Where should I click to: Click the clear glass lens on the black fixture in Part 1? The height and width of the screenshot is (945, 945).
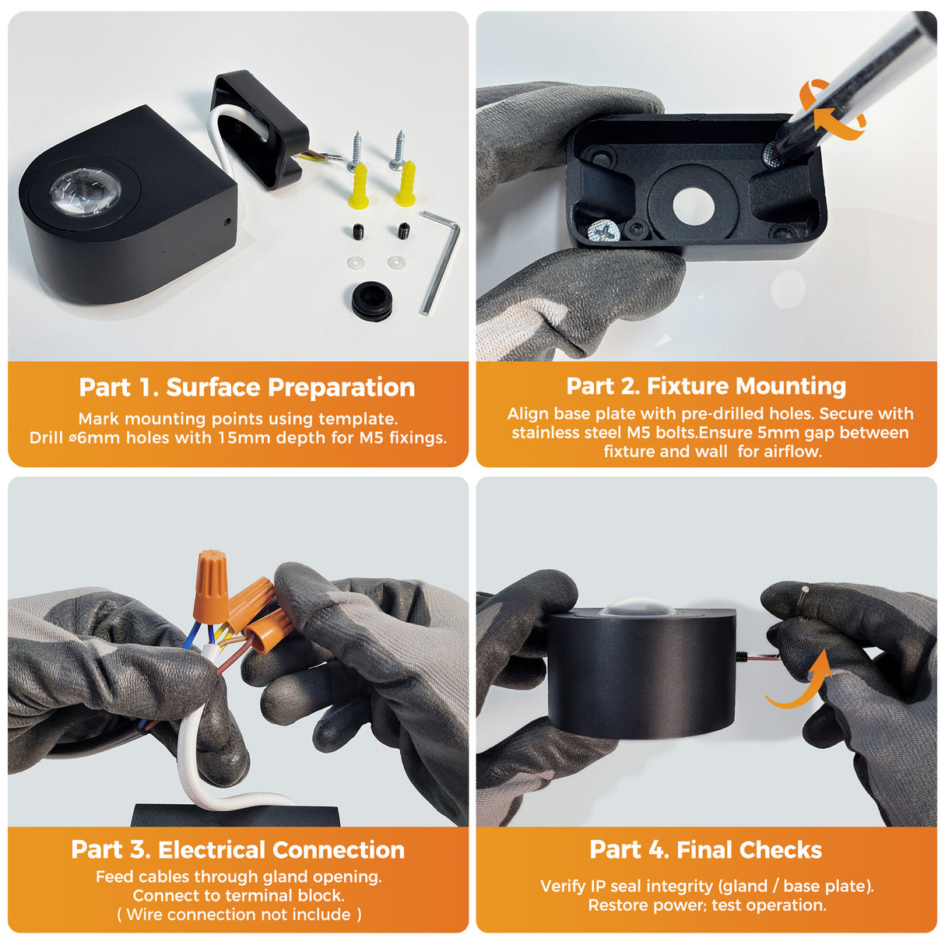(x=86, y=191)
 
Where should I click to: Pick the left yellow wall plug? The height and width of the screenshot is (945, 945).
(x=359, y=186)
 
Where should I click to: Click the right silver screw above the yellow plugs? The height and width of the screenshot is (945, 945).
(x=399, y=149)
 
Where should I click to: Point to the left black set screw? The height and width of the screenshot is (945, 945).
(x=360, y=230)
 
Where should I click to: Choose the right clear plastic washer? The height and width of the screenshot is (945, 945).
(x=396, y=262)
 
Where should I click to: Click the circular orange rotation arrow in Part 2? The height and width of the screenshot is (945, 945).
(x=832, y=111)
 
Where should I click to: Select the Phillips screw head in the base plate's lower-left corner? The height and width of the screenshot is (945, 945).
(x=604, y=230)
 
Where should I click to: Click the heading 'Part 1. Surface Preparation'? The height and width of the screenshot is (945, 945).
(x=247, y=387)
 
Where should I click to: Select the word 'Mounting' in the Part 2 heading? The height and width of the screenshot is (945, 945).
(x=791, y=386)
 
